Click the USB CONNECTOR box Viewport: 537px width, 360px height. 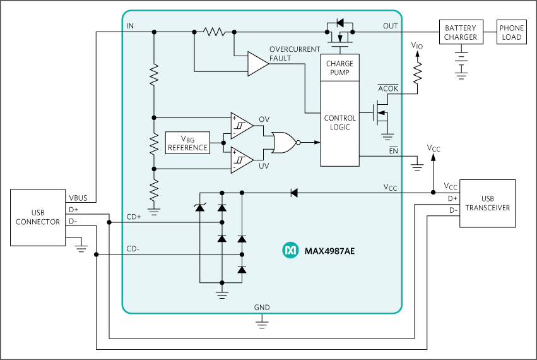(39, 217)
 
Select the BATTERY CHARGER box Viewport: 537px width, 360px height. (461, 33)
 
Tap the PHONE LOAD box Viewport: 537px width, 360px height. (512, 33)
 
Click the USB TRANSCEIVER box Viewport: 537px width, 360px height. (487, 203)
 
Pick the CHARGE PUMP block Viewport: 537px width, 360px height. (339, 68)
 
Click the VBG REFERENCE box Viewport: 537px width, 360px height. (187, 143)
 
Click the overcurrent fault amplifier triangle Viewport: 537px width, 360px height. (257, 64)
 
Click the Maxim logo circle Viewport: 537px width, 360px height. (290, 251)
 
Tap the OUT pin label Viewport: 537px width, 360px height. (391, 26)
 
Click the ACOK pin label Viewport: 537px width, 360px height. (388, 89)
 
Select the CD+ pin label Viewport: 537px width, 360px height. (134, 216)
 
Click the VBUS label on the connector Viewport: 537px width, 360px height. (78, 197)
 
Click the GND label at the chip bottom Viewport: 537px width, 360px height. (262, 308)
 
